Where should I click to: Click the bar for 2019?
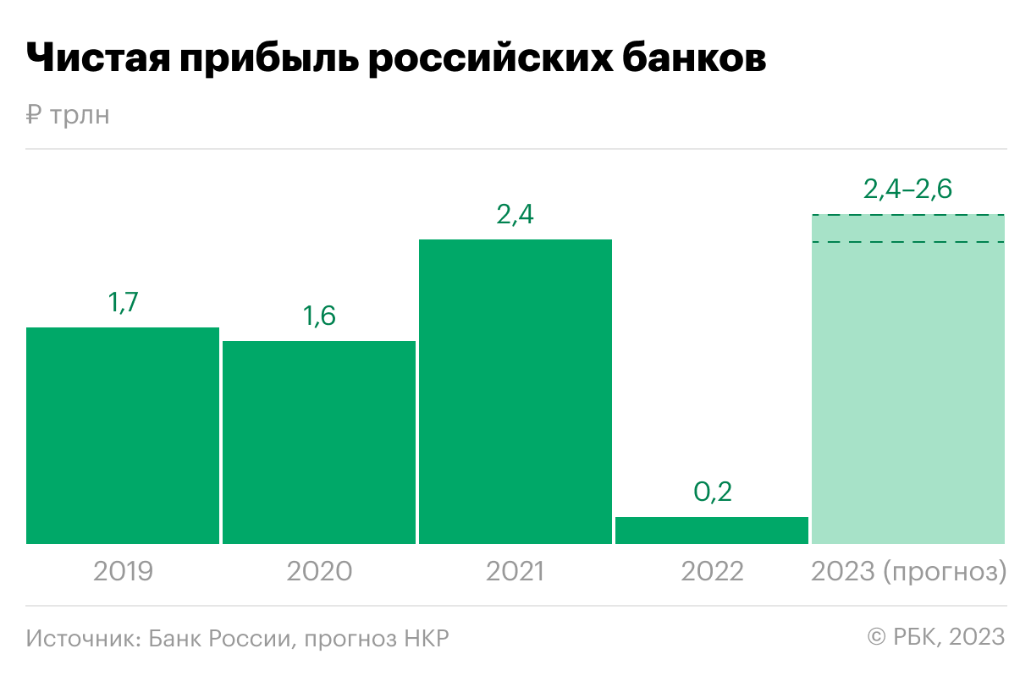pyautogui.click(x=123, y=435)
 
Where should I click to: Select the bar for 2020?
pyautogui.click(x=319, y=442)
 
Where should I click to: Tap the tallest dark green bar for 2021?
pyautogui.click(x=515, y=391)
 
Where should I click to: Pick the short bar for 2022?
pyautogui.click(x=712, y=530)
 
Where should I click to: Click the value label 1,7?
pyautogui.click(x=123, y=303)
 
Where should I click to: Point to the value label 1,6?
pyautogui.click(x=319, y=316)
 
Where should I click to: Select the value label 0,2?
pyautogui.click(x=712, y=492)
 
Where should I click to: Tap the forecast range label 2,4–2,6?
pyautogui.click(x=907, y=190)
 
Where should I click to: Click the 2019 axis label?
pyautogui.click(x=123, y=572)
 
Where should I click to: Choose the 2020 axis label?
pyautogui.click(x=319, y=572)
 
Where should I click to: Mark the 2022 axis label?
pyautogui.click(x=712, y=572)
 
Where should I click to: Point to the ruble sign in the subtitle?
pyautogui.click(x=33, y=115)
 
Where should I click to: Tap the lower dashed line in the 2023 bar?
pyautogui.click(x=907, y=242)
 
